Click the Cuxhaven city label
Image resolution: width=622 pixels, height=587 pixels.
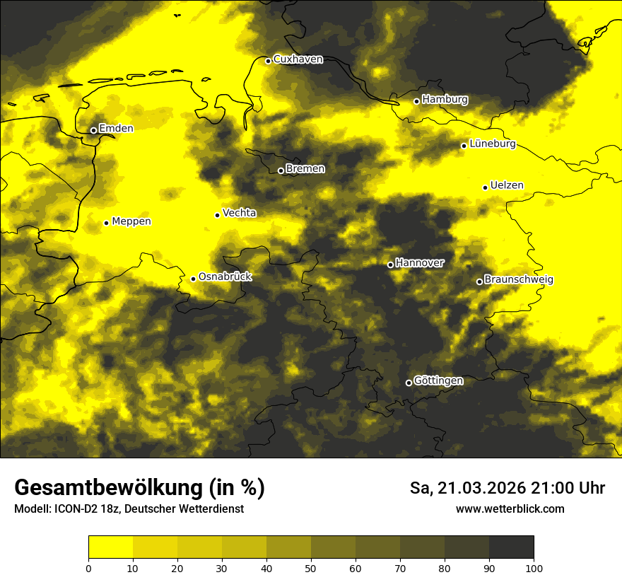[298, 59]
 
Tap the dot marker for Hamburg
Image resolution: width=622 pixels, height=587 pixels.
[416, 101]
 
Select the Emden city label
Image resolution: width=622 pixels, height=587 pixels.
[116, 128]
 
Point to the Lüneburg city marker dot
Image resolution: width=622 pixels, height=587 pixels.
[464, 146]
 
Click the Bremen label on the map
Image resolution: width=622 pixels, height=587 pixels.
[305, 169]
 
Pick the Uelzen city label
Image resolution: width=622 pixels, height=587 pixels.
[507, 185]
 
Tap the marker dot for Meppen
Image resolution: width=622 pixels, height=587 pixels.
[106, 223]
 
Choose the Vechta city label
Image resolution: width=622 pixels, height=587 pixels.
[239, 213]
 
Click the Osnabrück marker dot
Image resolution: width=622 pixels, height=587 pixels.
[193, 279]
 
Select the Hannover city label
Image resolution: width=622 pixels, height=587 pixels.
[420, 263]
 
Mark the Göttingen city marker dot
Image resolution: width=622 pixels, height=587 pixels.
[409, 383]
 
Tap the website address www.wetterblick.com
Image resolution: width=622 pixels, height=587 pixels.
[510, 509]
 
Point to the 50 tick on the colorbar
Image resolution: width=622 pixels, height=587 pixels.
[311, 567]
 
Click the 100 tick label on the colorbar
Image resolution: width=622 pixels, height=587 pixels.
[534, 567]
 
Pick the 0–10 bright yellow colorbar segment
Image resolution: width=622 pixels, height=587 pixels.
[110, 547]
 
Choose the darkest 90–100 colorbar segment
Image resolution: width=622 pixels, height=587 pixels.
[511, 547]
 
